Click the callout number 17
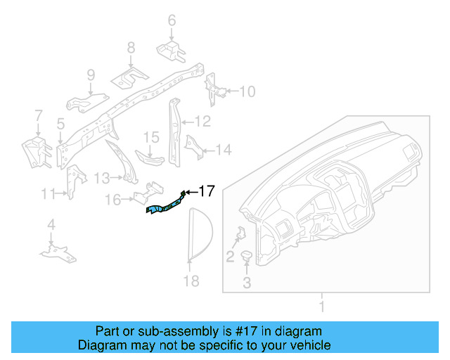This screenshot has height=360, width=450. [x=207, y=191]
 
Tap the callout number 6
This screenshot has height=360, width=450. [x=172, y=21]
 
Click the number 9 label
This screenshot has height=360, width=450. [x=91, y=75]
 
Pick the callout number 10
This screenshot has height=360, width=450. [x=248, y=91]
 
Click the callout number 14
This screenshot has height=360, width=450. [x=223, y=150]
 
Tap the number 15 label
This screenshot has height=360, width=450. [x=152, y=136]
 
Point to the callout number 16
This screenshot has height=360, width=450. [x=112, y=200]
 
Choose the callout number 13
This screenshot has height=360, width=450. [x=102, y=177]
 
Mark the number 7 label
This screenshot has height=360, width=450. [x=39, y=115]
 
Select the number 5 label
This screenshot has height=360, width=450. [x=61, y=124]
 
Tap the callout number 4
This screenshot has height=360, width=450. [x=51, y=225]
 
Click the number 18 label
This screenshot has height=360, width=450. [x=191, y=281]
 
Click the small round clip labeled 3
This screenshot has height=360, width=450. [x=247, y=257]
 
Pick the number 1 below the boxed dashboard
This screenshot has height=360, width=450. [x=322, y=306]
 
